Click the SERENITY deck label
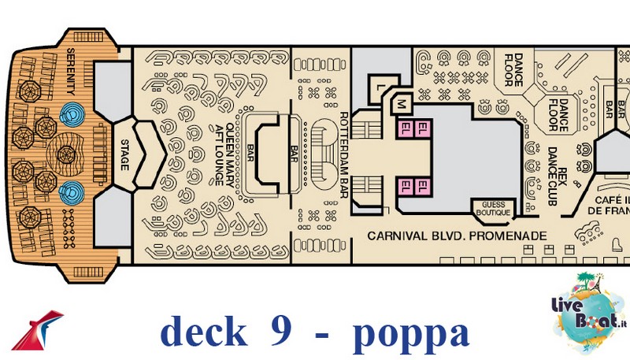[71, 71]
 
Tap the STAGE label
[125, 154]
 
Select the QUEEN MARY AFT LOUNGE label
[224, 154]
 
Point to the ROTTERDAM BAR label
[344, 154]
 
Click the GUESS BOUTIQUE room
[493, 209]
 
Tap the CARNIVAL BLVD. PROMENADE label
[458, 236]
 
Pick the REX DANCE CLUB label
[558, 176]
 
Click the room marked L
[380, 87]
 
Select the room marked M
[401, 105]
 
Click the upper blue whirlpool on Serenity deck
[72, 114]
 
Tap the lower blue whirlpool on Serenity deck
[72, 193]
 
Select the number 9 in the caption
[280, 330]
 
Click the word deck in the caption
[204, 331]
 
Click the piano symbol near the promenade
[616, 244]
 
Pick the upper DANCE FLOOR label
[513, 70]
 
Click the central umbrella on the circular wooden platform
[66, 154]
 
